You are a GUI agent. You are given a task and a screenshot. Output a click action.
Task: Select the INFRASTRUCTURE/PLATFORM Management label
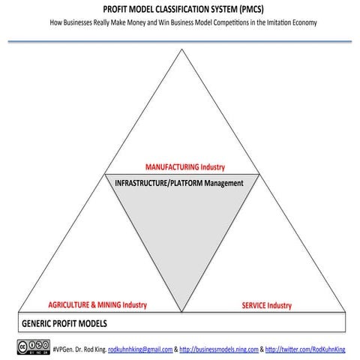pos(180,183)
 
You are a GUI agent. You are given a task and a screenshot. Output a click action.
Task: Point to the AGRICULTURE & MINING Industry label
pos(97,305)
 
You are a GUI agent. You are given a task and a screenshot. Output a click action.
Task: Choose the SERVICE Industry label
pos(266,305)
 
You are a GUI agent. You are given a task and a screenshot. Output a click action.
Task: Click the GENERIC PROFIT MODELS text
pos(64,324)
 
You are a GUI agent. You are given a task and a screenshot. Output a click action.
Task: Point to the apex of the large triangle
pos(181,49)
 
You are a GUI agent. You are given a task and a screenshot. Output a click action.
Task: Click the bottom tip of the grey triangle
pos(181,310)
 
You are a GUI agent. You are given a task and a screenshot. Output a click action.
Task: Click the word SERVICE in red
pos(255,305)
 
